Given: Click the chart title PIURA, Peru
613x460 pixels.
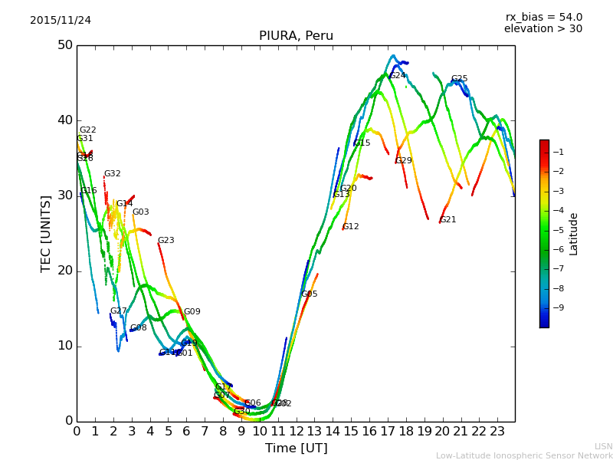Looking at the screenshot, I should click(x=296, y=36).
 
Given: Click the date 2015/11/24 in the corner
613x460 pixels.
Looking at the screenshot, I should click(x=61, y=20).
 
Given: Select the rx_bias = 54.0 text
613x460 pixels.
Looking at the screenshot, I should click(x=543, y=17).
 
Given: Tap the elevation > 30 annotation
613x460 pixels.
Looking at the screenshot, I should click(x=543, y=29).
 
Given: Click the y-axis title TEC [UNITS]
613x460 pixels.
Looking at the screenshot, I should click(x=46, y=233).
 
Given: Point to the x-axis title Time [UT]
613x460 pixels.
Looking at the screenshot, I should click(x=296, y=449).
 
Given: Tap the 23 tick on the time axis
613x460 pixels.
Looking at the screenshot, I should click(x=497, y=432).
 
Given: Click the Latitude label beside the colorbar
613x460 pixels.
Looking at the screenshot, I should click(x=573, y=234).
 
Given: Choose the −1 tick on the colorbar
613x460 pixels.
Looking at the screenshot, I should click(x=557, y=152).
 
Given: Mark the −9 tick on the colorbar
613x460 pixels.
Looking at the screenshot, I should click(x=557, y=307).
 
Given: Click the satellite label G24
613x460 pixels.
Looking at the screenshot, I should click(x=398, y=76).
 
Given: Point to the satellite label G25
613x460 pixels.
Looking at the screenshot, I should click(x=459, y=79).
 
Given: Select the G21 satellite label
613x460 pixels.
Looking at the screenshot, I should click(x=447, y=220).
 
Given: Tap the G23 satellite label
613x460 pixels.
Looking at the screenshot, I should click(x=166, y=241).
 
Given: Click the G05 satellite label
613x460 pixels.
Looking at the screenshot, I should click(x=309, y=294).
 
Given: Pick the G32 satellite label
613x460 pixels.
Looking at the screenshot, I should click(x=112, y=174).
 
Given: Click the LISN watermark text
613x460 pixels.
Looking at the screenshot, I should click(x=604, y=446).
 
